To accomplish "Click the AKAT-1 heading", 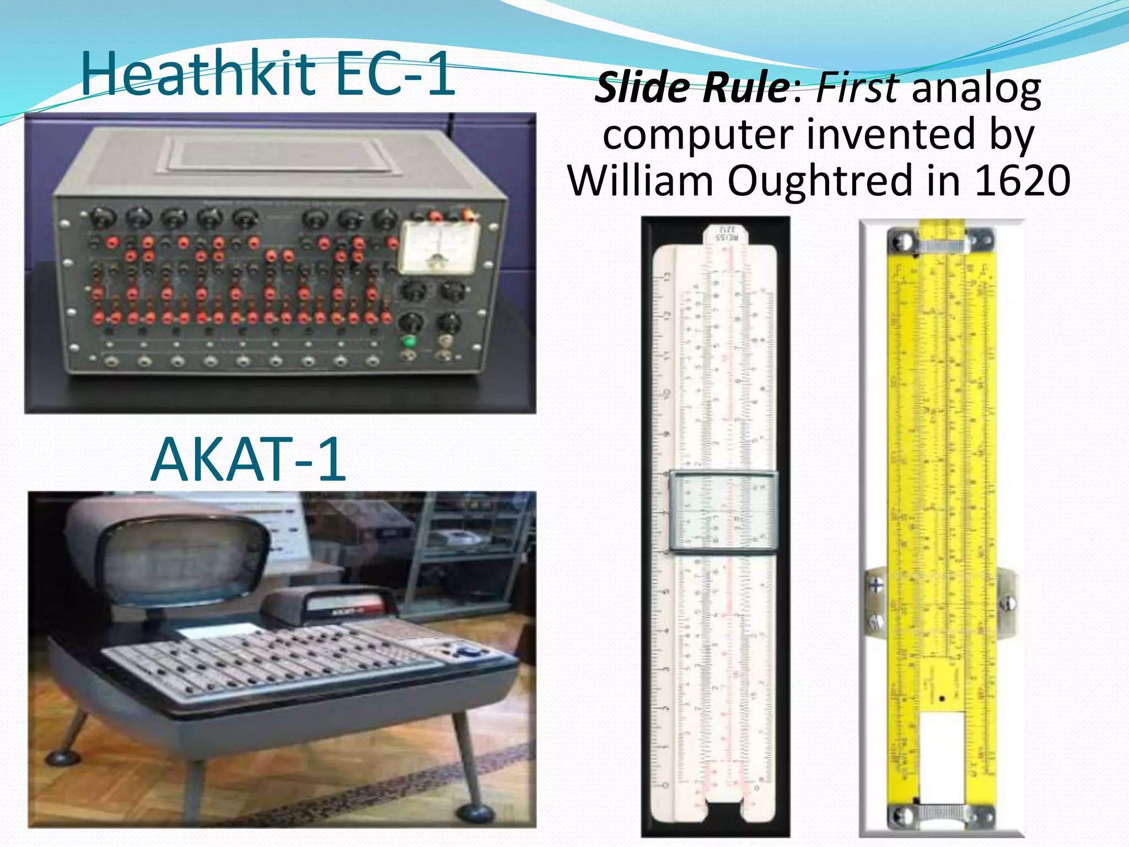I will [249, 459].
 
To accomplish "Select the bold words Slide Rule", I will [692, 88].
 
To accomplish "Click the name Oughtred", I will [820, 180].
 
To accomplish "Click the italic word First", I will [858, 88].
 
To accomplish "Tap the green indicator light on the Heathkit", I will [409, 341].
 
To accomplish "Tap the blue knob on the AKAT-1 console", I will [469, 652].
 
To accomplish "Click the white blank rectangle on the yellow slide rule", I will [942, 755].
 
